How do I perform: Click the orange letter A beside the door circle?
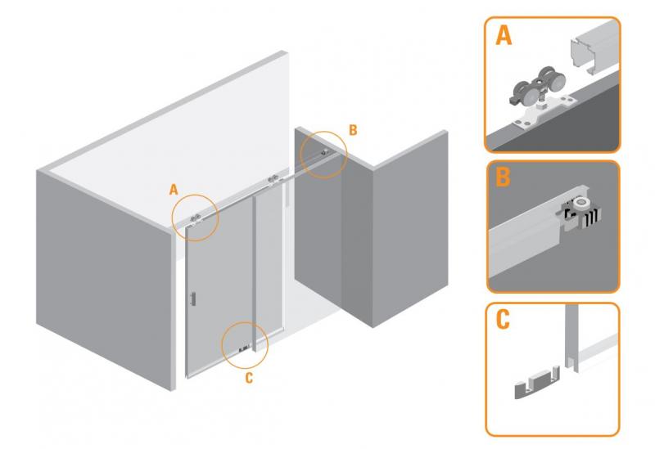[174, 189]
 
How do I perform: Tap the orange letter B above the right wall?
[353, 129]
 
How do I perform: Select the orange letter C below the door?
[249, 378]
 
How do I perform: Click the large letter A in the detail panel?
[504, 37]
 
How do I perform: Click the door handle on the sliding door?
[193, 298]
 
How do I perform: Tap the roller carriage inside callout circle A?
[196, 218]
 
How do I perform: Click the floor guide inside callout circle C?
[243, 349]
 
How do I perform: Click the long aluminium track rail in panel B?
[524, 241]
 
